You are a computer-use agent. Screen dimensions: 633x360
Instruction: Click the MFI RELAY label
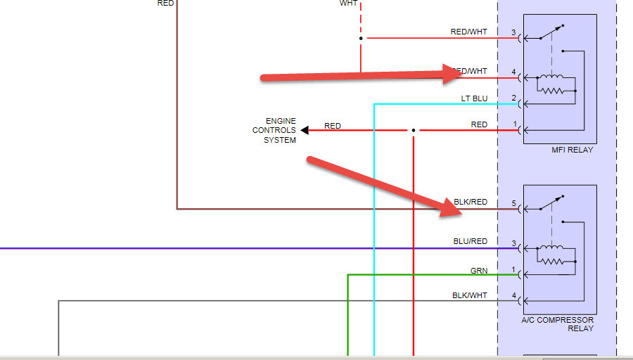(573, 150)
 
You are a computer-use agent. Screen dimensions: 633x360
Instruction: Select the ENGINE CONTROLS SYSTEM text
(274, 131)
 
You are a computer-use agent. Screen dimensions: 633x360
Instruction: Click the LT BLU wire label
(474, 98)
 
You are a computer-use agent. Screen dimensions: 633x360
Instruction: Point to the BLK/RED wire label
(471, 202)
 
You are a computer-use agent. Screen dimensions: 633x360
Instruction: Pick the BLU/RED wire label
(471, 241)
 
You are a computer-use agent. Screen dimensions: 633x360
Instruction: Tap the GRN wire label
(478, 271)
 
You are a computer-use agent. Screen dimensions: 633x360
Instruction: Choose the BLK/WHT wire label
(470, 295)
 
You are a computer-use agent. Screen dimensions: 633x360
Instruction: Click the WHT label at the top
(348, 4)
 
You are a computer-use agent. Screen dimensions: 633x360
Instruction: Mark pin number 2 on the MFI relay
(514, 98)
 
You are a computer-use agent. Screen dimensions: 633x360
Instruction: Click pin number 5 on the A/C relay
(514, 203)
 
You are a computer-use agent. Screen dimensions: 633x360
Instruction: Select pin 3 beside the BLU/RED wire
(514, 243)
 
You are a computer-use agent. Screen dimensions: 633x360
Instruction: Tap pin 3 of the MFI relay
(514, 32)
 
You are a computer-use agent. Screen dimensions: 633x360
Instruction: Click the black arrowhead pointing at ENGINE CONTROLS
(305, 130)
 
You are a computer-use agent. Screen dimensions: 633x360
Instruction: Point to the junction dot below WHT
(361, 38)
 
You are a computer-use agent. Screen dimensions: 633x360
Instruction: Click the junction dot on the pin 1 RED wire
(414, 130)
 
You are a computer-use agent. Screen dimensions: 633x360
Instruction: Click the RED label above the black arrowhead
(333, 126)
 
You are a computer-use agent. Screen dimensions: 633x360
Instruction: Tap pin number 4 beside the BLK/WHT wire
(514, 295)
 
